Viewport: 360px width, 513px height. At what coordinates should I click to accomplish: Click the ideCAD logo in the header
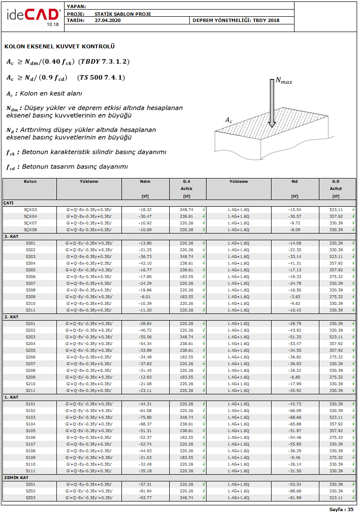click(x=33, y=16)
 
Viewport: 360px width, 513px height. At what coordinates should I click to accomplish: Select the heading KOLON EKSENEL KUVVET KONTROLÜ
click(x=59, y=46)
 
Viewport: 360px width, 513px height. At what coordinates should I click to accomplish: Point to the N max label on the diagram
click(x=284, y=81)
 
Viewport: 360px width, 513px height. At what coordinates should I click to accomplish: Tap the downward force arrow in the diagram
click(x=272, y=102)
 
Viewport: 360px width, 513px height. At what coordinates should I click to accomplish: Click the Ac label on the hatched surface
click(x=229, y=120)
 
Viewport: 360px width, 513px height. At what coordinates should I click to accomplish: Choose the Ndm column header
click(x=145, y=182)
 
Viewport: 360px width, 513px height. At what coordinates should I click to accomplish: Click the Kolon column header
click(x=30, y=182)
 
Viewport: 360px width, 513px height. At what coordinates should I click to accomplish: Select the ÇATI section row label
click(x=9, y=203)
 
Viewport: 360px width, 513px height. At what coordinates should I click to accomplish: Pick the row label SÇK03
click(x=30, y=210)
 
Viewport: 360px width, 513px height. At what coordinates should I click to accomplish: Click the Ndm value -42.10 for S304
click(x=145, y=263)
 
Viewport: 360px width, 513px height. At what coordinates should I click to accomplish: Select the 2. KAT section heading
click(x=11, y=317)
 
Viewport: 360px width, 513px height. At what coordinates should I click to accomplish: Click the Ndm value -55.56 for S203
click(x=145, y=337)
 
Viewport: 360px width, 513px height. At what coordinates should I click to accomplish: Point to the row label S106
click(x=30, y=437)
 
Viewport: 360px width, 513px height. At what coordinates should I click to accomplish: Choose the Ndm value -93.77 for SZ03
click(x=145, y=498)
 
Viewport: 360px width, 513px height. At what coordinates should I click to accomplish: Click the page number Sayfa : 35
click(x=341, y=509)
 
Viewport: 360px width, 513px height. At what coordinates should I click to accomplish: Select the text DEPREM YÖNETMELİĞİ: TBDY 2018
click(x=236, y=21)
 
